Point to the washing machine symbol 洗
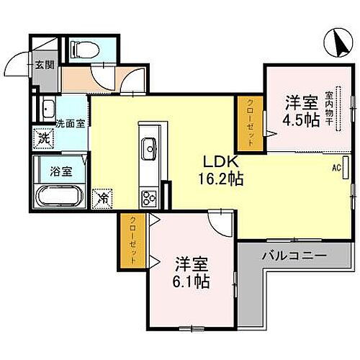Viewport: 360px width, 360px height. click(43, 137)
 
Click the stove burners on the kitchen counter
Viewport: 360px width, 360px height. click(150, 196)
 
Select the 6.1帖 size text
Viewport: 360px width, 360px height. click(192, 281)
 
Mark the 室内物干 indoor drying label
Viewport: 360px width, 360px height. click(328, 107)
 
